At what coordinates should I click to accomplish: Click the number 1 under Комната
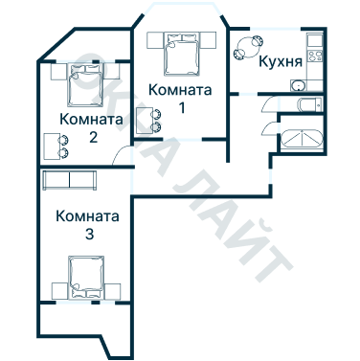(x=179, y=106)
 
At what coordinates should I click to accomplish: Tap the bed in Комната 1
(x=179, y=54)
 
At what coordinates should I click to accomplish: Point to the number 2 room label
(x=93, y=137)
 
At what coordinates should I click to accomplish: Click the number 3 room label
(x=88, y=234)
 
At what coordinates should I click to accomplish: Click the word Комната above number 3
(x=88, y=215)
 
